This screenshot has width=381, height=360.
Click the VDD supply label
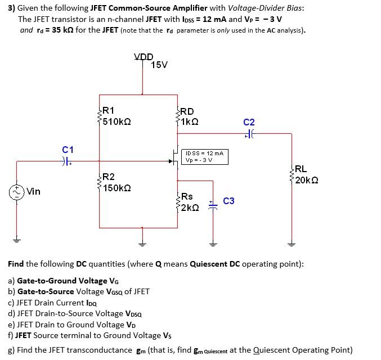144,57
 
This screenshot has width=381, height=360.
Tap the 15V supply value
159,65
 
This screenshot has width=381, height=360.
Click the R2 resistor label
109,177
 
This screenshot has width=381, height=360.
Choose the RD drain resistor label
187,111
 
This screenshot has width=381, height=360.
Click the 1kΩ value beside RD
189,121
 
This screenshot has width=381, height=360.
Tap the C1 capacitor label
68,150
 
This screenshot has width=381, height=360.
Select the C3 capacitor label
229,201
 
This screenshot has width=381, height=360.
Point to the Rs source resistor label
187,196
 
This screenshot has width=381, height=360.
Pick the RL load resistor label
301,169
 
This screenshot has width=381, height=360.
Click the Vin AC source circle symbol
17,191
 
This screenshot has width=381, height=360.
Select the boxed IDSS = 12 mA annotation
205,153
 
